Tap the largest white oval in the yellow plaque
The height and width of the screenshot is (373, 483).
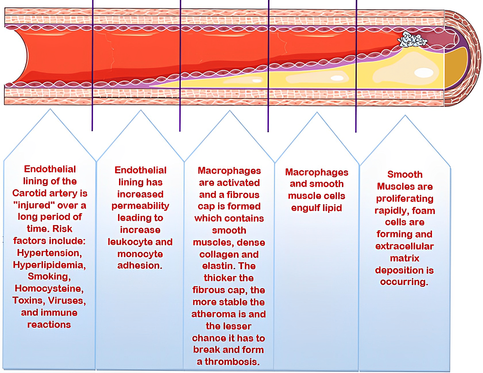click(424, 72)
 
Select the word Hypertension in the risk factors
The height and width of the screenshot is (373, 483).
click(49, 253)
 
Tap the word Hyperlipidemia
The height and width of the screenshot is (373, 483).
click(49, 265)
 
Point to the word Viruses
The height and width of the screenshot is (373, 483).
click(67, 301)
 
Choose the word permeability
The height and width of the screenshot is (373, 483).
click(141, 206)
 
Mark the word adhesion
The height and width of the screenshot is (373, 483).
click(140, 266)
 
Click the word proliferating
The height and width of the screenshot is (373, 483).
click(405, 199)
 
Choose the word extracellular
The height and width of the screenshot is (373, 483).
click(405, 247)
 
